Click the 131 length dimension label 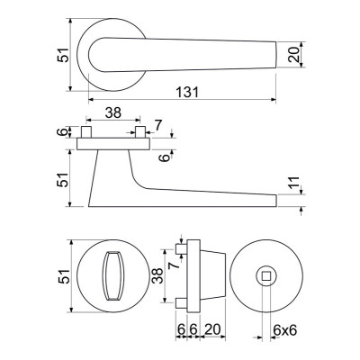[187, 93]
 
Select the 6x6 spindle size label [284, 330]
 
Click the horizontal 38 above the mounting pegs [113, 112]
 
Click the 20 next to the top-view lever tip [294, 55]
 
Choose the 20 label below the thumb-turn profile [212, 329]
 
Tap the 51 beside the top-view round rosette [63, 55]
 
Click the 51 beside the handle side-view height [63, 179]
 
